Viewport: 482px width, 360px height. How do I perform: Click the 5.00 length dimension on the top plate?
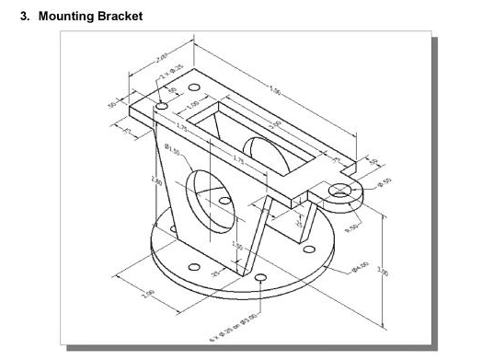point(276,89)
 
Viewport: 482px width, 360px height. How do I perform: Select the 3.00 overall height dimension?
point(382,271)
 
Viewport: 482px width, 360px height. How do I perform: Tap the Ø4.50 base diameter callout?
point(360,266)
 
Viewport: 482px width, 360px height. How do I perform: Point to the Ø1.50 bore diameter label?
point(172,149)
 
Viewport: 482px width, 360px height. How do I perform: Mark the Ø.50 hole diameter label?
point(384,181)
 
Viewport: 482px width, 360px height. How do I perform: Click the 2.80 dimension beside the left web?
point(157,182)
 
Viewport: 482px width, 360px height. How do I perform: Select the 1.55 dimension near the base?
point(236,246)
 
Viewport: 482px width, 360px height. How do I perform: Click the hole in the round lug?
point(343,190)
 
